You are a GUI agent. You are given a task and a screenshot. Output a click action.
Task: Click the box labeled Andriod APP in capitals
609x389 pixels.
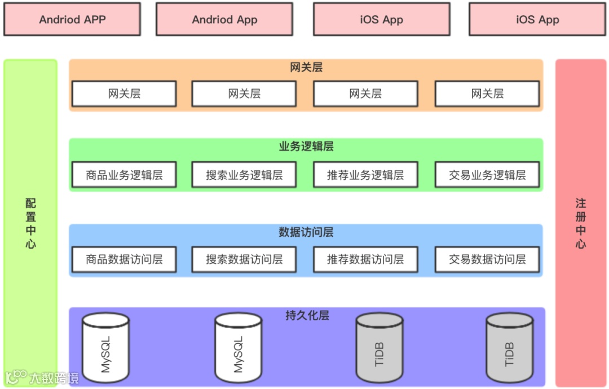72,20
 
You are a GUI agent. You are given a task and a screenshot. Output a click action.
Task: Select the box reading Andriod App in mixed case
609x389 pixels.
224,20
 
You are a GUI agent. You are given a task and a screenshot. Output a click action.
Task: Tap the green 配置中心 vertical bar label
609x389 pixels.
30,223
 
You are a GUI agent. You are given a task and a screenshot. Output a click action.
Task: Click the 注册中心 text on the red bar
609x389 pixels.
581,223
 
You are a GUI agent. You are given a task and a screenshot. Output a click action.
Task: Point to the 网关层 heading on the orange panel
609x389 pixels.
306,68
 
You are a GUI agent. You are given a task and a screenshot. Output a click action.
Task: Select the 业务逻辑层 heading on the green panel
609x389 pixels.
306,147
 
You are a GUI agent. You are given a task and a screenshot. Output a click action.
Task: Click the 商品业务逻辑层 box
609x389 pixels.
124,175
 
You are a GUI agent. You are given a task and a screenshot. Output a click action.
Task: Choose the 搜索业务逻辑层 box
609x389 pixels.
244,175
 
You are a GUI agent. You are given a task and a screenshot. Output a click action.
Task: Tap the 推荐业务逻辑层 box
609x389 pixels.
365,175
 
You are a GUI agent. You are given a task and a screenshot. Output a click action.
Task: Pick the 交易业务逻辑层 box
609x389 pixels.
487,175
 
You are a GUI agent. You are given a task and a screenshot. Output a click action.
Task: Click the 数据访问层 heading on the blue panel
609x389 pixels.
306,232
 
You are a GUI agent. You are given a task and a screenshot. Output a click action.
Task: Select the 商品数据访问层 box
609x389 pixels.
124,259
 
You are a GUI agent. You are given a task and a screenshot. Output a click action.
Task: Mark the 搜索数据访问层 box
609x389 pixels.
244,259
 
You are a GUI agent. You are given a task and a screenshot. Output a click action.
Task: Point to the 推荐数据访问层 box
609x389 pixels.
365,259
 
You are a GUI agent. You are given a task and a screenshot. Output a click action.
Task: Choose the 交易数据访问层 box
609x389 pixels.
487,259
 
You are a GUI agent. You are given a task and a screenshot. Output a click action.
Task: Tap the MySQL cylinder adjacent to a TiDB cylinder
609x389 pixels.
238,350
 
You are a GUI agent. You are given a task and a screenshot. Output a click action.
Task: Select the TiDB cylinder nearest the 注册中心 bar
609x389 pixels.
510,350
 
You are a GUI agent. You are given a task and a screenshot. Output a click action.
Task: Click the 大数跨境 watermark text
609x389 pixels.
55,378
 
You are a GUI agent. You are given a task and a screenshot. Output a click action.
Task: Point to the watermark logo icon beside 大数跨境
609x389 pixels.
16,376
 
